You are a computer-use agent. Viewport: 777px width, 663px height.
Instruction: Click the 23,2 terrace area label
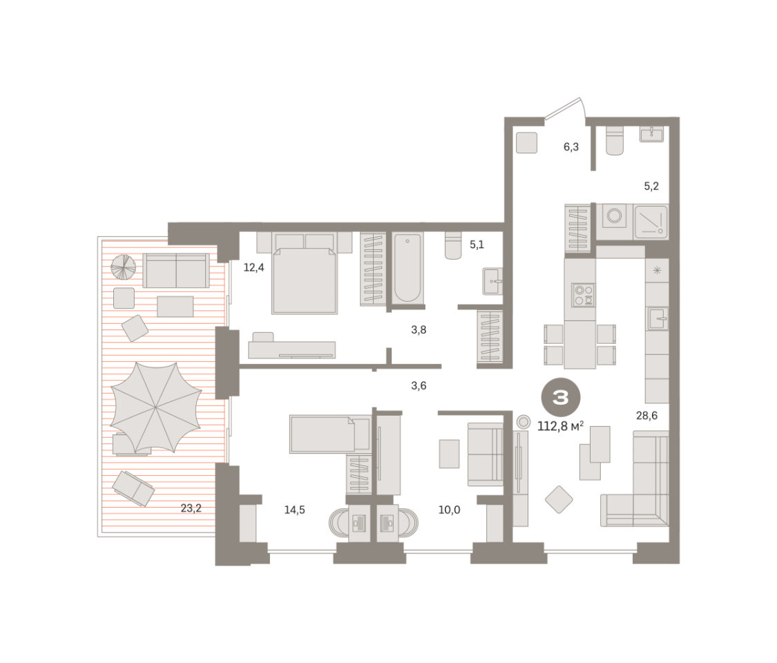click(x=191, y=508)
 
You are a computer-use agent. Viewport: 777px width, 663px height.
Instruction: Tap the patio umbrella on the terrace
click(x=156, y=407)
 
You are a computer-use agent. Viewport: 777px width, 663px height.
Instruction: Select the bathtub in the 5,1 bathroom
click(x=407, y=267)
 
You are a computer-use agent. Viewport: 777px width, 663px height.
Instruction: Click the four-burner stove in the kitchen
click(x=583, y=296)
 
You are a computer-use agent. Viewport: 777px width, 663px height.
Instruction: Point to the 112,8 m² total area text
click(x=560, y=425)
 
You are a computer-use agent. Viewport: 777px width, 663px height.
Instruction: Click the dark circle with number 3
click(x=560, y=397)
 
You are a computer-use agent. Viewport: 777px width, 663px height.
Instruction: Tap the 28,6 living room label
click(x=646, y=415)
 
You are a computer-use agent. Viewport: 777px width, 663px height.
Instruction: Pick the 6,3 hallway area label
click(x=571, y=146)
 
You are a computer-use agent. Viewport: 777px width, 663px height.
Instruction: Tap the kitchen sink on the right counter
click(x=657, y=318)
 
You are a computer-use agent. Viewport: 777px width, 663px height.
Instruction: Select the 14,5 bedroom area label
click(x=294, y=510)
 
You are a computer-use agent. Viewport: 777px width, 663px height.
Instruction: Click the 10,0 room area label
click(x=449, y=510)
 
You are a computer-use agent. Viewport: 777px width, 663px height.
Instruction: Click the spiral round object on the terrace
click(x=123, y=267)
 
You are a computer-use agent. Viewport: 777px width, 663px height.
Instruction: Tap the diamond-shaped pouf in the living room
click(x=559, y=499)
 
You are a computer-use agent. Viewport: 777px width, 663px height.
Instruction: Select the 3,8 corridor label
click(x=419, y=329)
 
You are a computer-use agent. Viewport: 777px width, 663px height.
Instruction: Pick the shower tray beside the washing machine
click(x=651, y=222)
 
